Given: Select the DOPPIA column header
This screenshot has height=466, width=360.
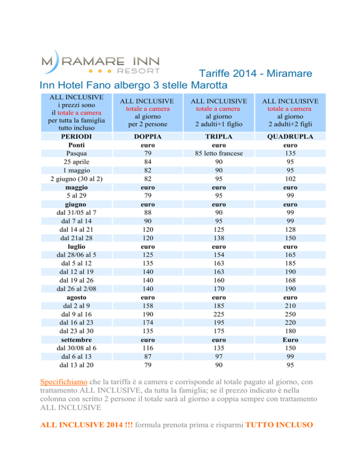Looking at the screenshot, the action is click(148, 136).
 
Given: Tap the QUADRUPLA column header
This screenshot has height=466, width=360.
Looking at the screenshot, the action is click(290, 136).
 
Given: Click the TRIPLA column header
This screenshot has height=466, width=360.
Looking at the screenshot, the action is click(219, 136).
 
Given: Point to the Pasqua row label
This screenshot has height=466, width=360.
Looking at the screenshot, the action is click(76, 153).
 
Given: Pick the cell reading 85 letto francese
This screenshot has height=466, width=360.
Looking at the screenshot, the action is click(219, 153).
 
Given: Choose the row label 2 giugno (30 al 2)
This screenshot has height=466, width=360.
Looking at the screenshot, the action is click(76, 179).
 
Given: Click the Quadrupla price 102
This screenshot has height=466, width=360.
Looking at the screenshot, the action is click(290, 179).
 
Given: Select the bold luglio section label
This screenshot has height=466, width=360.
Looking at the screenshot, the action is click(76, 247).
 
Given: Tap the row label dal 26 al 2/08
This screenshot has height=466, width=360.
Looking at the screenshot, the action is click(76, 289).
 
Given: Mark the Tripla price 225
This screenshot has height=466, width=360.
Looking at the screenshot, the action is click(219, 315).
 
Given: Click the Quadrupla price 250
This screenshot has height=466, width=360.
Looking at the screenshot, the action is click(290, 315).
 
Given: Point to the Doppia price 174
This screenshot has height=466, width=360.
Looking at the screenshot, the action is click(148, 323).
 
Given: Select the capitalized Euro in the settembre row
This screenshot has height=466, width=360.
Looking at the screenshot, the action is click(290, 340).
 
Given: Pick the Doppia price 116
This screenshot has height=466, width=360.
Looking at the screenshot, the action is click(148, 348).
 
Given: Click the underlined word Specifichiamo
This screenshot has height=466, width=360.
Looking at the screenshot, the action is click(64, 382).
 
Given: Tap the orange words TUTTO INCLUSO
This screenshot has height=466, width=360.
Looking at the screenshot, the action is click(279, 425).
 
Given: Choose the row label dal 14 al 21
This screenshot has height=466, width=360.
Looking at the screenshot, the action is click(76, 230).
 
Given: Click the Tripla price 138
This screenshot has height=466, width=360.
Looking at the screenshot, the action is click(219, 238).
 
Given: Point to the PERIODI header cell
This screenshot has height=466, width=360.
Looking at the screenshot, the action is click(76, 136).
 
